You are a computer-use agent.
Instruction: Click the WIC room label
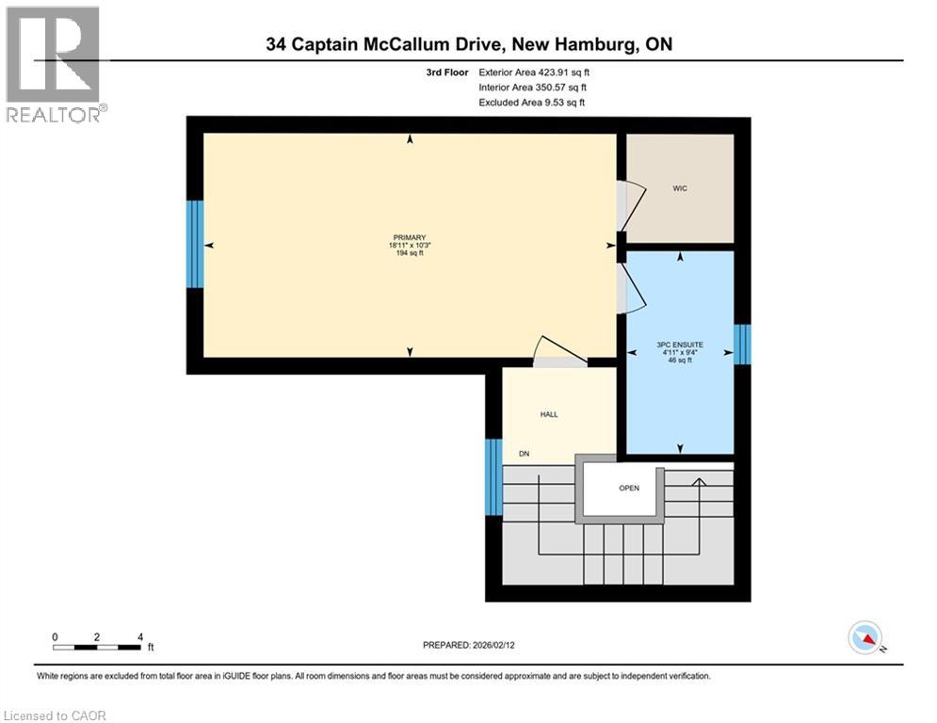pos(680,188)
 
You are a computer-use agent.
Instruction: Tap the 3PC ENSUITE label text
pos(680,345)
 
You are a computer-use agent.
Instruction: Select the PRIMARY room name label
pos(410,237)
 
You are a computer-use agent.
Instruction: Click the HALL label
pos(549,414)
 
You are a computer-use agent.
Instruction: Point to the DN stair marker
pos(525,454)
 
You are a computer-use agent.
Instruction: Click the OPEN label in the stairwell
pos(629,488)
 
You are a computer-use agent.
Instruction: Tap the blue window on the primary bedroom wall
pos(195,244)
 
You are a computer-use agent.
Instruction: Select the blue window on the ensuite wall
pos(742,344)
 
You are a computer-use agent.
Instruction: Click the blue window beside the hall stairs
pos(493,476)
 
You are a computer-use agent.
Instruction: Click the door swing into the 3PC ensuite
pos(631,288)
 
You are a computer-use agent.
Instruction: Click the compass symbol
pos(864,638)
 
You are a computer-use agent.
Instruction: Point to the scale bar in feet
pos(98,646)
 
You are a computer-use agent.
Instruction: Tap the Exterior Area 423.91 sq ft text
pos(534,72)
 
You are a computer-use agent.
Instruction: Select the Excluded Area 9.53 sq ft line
pos(531,103)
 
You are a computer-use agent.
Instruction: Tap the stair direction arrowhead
pos(699,483)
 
